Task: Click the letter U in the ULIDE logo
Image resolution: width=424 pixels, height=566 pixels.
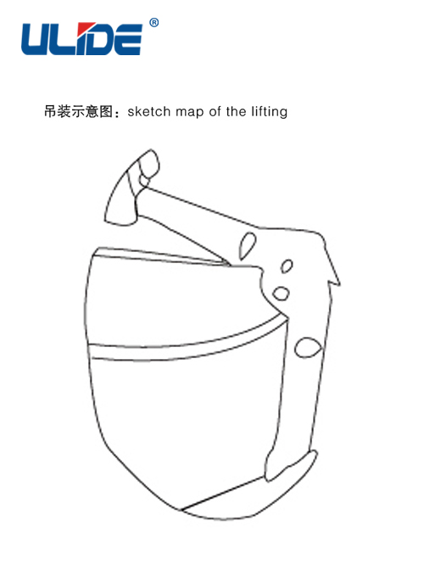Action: click(x=36, y=39)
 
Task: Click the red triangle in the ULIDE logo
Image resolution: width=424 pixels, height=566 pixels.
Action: click(x=86, y=28)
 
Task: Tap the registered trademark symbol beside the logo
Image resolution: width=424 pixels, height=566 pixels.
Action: click(x=154, y=23)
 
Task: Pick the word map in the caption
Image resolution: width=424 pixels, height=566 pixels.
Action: click(x=189, y=113)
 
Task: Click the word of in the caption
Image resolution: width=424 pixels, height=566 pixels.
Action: click(x=215, y=111)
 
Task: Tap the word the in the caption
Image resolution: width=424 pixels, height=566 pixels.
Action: click(x=237, y=111)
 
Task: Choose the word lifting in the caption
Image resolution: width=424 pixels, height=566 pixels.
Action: click(x=270, y=112)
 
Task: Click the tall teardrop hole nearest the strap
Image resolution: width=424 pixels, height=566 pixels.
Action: click(x=248, y=246)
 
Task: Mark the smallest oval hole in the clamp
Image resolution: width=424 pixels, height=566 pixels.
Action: click(x=287, y=266)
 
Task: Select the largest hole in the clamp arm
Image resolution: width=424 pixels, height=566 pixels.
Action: click(x=308, y=348)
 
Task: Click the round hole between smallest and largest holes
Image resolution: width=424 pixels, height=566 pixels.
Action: click(x=281, y=294)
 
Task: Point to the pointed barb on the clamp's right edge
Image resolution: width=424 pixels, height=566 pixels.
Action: click(x=333, y=273)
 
